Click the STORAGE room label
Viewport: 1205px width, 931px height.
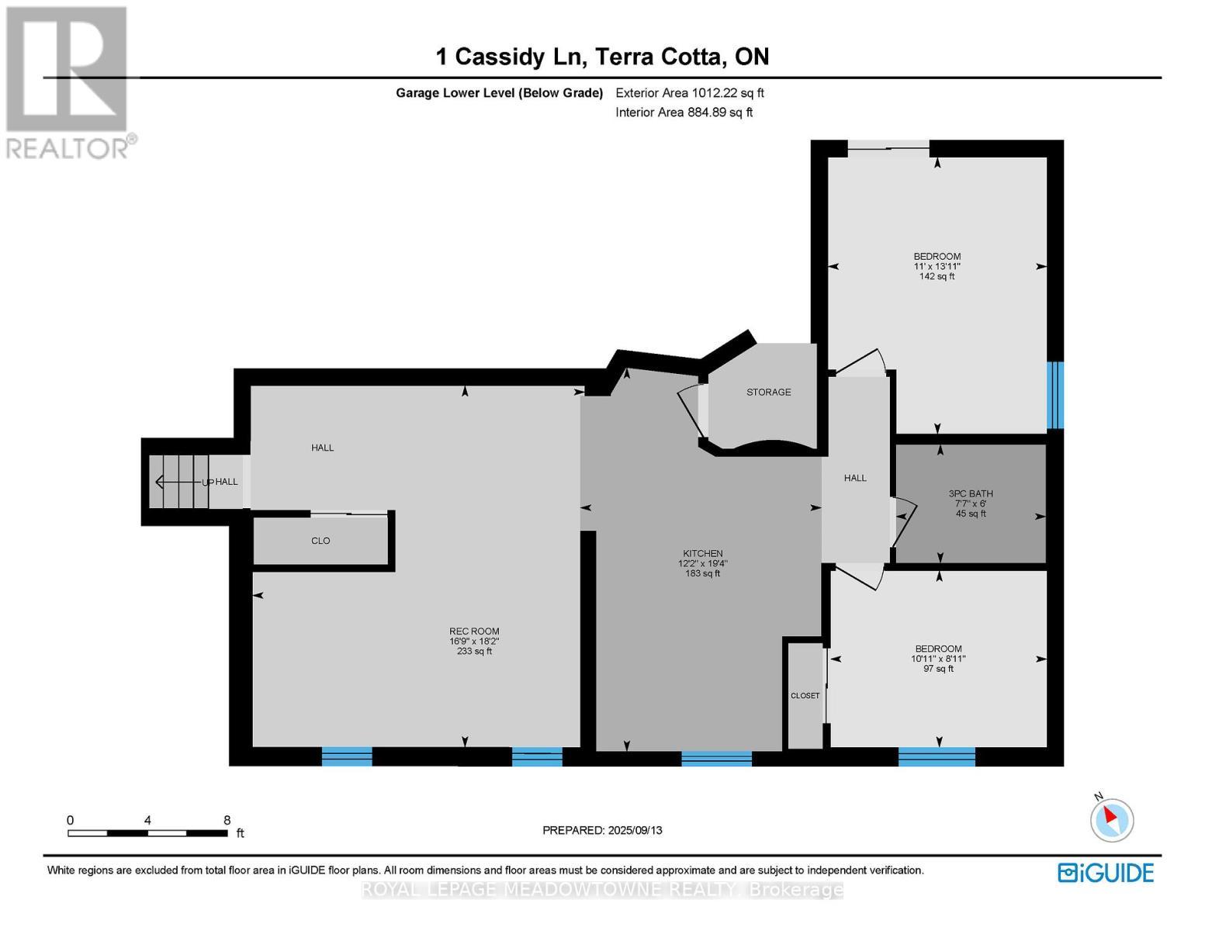point(768,393)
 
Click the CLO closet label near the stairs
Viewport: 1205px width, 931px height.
point(320,541)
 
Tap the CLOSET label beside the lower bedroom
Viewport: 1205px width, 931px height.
point(805,696)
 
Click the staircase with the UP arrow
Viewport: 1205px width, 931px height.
point(180,482)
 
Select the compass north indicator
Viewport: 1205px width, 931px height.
point(1112,819)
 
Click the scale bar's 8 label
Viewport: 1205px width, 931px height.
point(227,820)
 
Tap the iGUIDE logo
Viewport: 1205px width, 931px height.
point(1106,872)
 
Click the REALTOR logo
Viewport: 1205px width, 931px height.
point(68,81)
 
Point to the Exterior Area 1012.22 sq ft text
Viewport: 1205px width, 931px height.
point(689,93)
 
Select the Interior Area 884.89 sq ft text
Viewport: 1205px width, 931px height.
point(684,112)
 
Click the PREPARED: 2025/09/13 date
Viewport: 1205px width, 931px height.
point(602,830)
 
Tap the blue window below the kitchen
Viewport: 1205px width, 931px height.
point(716,758)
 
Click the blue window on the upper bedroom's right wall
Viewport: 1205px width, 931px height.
point(1054,395)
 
